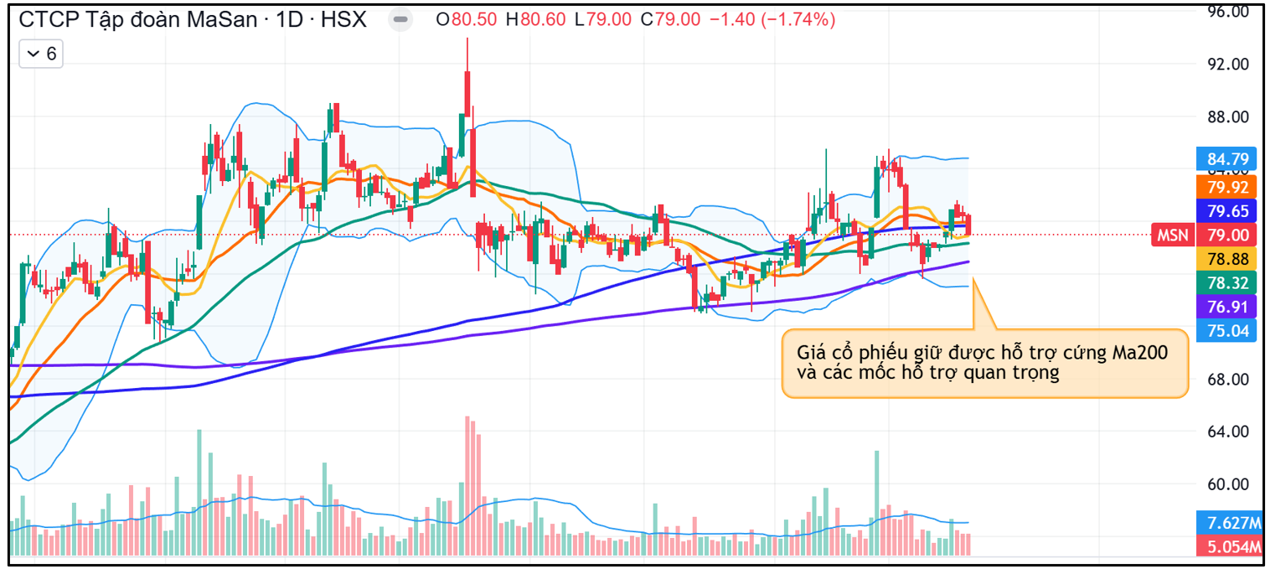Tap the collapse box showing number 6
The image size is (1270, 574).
click(41, 54)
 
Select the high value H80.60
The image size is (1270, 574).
click(535, 20)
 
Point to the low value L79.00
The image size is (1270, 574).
click(603, 20)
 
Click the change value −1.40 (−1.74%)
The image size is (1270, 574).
click(772, 20)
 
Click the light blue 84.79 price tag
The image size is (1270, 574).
click(1227, 158)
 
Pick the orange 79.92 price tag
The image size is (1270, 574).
click(1227, 186)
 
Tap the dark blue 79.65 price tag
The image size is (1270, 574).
click(1227, 210)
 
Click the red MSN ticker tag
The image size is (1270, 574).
click(1173, 235)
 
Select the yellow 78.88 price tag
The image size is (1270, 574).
click(1227, 259)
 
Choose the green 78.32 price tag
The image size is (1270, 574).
click(1227, 283)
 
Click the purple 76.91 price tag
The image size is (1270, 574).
click(1227, 307)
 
